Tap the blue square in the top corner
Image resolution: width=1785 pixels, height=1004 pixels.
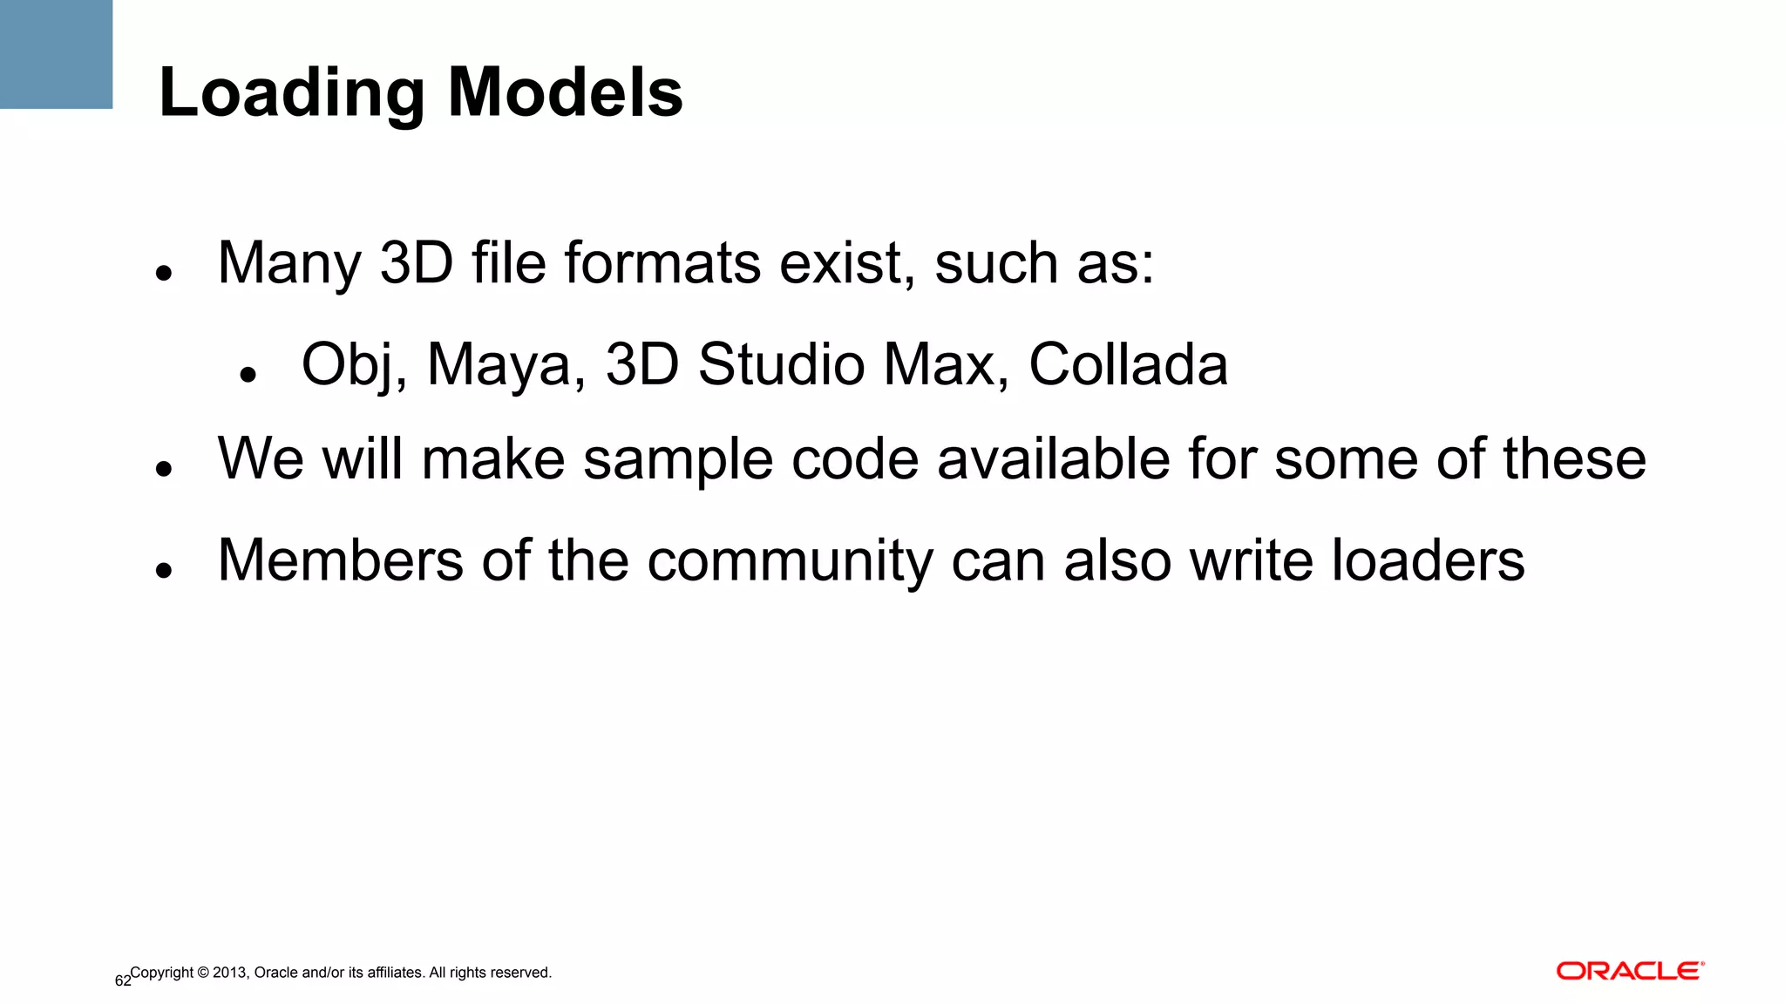[56, 54]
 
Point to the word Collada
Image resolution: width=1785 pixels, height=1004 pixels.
[1128, 364]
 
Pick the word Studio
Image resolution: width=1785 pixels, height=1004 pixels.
[782, 364]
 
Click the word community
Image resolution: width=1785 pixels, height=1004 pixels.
[790, 561]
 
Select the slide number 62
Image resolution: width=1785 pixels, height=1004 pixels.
[123, 981]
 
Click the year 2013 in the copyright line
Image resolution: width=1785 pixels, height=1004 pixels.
[230, 973]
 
